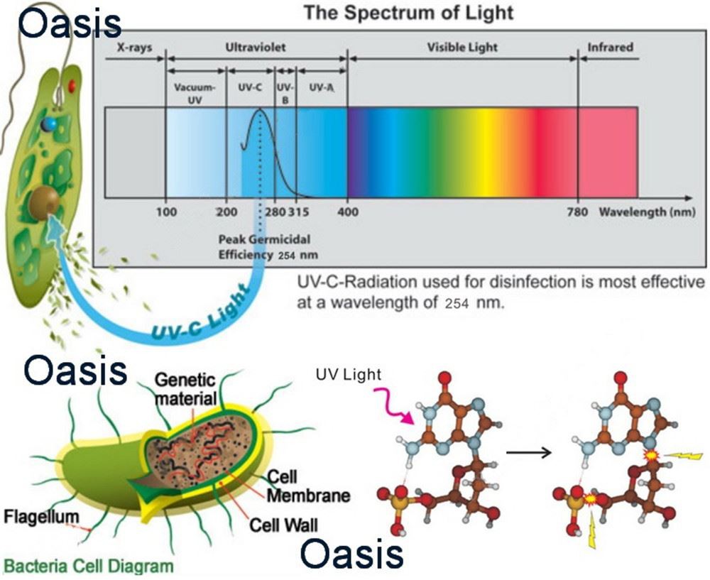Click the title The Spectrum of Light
[408, 12]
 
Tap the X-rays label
[134, 48]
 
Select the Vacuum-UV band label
[195, 94]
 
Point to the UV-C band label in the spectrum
[250, 87]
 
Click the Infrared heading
[610, 47]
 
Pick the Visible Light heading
[462, 48]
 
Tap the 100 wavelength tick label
[167, 212]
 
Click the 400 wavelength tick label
[347, 212]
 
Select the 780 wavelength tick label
[577, 212]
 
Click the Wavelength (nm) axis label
[647, 212]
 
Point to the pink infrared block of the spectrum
[608, 153]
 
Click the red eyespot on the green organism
[72, 85]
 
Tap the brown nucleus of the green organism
[44, 203]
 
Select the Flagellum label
[41, 517]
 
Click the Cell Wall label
[284, 525]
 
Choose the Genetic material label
[185, 389]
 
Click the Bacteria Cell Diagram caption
[89, 567]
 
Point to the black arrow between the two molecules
[528, 452]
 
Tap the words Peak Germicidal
[264, 239]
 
